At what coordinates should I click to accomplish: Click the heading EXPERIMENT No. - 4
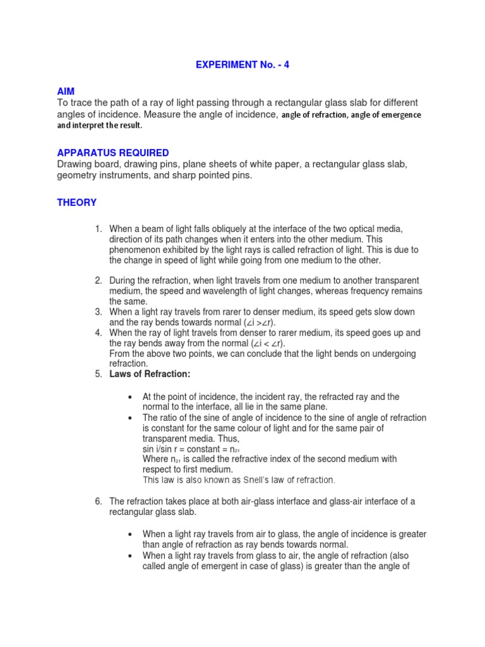click(243, 65)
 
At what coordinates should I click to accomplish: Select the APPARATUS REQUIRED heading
click(113, 153)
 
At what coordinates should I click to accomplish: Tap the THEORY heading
click(77, 203)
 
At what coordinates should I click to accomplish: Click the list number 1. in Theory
click(99, 229)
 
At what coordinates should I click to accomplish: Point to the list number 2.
click(99, 281)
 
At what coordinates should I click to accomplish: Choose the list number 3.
click(99, 312)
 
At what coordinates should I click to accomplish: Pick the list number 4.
click(99, 333)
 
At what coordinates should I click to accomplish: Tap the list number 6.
click(99, 502)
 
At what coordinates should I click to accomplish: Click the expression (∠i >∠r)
click(268, 323)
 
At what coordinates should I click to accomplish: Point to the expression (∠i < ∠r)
click(268, 344)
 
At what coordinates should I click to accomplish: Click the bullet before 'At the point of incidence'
click(129, 397)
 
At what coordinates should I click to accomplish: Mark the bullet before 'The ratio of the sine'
click(129, 418)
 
